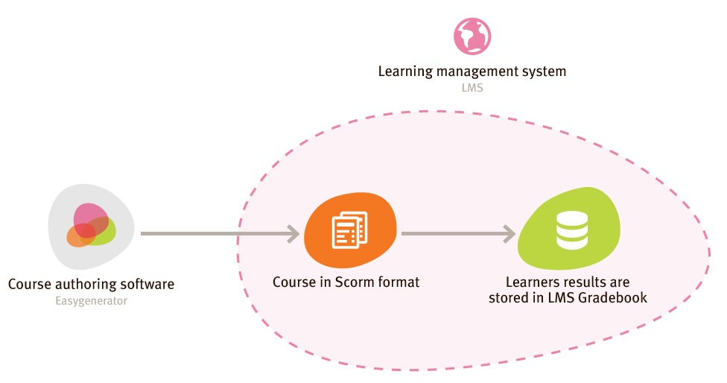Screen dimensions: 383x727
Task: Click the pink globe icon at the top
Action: coord(472,36)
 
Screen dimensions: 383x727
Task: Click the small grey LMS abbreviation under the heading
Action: coord(472,88)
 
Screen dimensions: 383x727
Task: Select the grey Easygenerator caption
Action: coord(91,301)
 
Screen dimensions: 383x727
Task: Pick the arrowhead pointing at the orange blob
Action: coord(291,234)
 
